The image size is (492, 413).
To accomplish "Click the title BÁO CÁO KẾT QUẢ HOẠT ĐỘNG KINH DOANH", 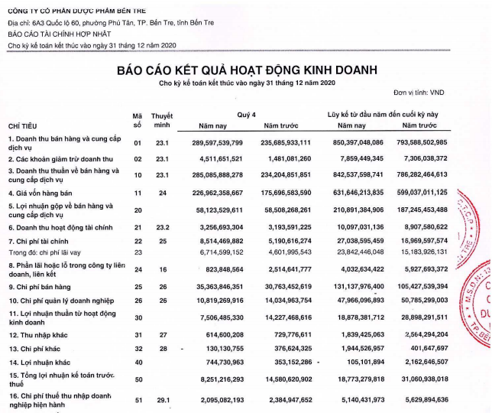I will (246, 70).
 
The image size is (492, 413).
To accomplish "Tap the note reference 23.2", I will (162, 228).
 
